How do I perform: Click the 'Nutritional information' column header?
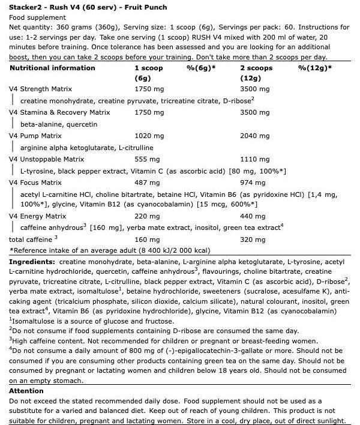click(x=52, y=68)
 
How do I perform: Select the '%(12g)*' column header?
click(x=315, y=68)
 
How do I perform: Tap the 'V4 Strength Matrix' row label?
click(x=38, y=89)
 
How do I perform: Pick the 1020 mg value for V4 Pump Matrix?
click(x=148, y=136)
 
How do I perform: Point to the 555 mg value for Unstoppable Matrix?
click(x=146, y=159)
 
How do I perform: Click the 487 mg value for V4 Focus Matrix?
click(x=146, y=182)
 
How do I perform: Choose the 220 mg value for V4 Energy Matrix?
click(x=146, y=216)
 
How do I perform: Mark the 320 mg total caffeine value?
click(x=251, y=239)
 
